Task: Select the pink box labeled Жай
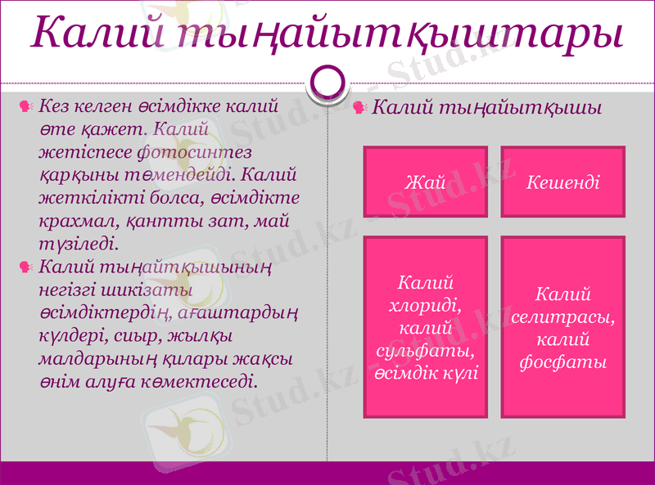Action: click(x=425, y=182)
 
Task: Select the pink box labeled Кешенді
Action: click(x=562, y=182)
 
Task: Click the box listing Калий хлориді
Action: click(x=425, y=327)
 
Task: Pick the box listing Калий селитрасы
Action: click(x=562, y=327)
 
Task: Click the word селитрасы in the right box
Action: click(x=562, y=316)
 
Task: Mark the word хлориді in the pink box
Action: click(x=425, y=305)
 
